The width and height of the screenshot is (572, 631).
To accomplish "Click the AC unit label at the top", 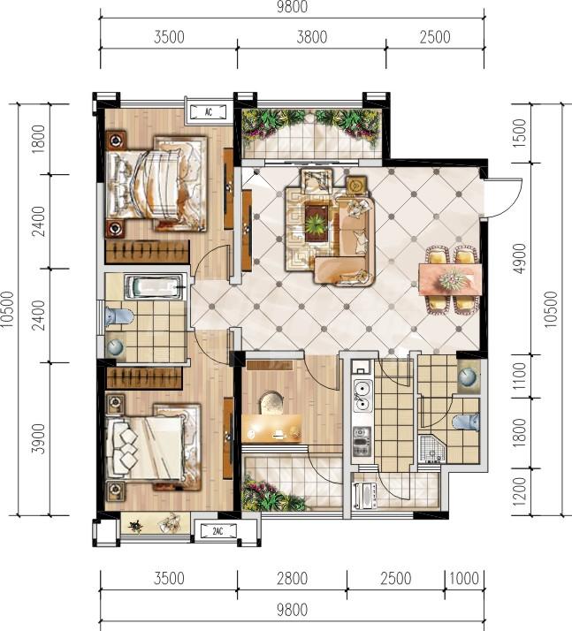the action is [x=208, y=112].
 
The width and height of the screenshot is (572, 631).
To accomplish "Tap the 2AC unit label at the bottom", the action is [x=217, y=532].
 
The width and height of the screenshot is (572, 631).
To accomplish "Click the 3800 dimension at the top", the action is [x=311, y=37].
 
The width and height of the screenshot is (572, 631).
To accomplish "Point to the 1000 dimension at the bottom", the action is [x=464, y=578].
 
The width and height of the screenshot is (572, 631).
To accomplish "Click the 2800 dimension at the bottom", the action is [x=292, y=578].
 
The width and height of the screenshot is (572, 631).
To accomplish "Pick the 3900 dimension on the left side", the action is [x=39, y=438].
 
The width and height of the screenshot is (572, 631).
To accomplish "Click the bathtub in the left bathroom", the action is [x=153, y=287].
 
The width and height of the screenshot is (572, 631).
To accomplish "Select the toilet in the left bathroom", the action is [x=118, y=315].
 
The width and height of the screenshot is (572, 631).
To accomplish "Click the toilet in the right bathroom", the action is [x=466, y=422].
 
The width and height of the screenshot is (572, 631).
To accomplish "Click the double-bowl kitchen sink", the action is [x=362, y=395].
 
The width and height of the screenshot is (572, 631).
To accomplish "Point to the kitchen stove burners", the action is [x=362, y=441].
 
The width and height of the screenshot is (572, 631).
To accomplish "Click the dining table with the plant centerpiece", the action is [x=450, y=279].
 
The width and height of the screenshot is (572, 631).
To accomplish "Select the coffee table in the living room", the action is [x=317, y=223].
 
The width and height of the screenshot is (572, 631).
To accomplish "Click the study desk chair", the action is [x=271, y=403].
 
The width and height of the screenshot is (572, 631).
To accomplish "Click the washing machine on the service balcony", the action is [x=365, y=495].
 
